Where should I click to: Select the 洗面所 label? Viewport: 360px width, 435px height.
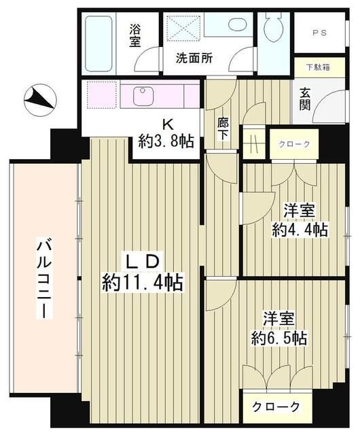tap(194, 58)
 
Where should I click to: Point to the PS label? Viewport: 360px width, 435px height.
tap(319, 33)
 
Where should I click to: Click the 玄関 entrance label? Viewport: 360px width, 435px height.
tap(305, 99)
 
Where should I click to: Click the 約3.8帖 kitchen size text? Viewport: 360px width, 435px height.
tap(166, 141)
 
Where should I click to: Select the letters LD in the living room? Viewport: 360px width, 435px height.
tap(143, 260)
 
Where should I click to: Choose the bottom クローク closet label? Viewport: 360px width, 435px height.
tap(277, 406)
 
